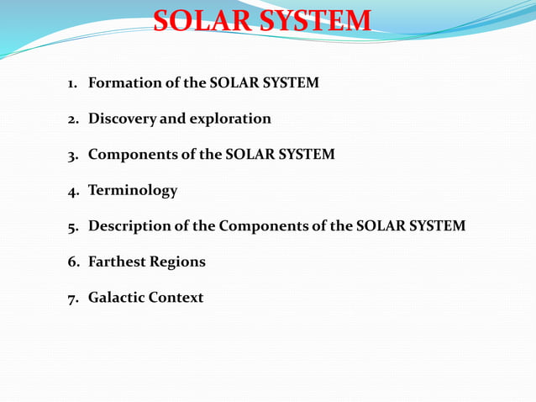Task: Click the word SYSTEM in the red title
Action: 315,21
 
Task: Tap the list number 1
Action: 72,84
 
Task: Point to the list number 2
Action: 73,119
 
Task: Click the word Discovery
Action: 122,119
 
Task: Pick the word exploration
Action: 230,119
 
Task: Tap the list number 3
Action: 73,156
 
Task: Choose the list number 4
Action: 73,191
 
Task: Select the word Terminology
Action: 133,191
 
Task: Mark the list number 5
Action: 73,227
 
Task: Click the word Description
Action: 130,226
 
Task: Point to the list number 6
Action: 73,262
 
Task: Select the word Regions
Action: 177,262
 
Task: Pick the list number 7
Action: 73,299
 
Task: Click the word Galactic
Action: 116,298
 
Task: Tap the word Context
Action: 176,298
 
